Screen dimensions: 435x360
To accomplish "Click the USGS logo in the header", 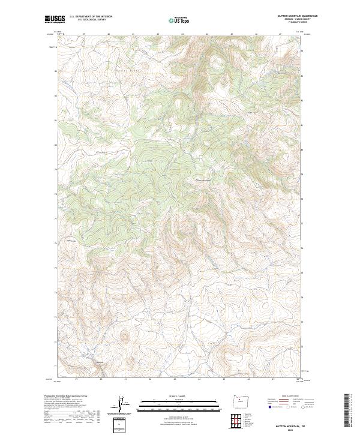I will click(55, 19).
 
